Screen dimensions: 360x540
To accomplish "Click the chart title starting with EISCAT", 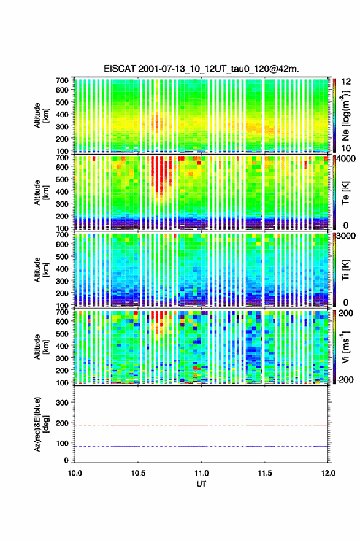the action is point(201,69).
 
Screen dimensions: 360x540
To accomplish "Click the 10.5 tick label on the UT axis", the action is point(138,473).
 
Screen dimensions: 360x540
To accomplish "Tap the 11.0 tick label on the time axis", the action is point(201,473).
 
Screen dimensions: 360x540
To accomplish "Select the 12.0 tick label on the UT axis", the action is point(328,473).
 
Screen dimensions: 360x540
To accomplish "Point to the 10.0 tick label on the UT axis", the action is point(75,473).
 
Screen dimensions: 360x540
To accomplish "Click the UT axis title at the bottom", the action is point(201,484).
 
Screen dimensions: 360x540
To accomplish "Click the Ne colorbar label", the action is point(345,115).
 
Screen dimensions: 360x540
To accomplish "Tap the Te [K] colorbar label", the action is point(345,192).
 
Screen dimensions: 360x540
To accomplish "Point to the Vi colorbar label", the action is point(345,347).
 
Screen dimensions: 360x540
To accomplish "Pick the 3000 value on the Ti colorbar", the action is point(346,236).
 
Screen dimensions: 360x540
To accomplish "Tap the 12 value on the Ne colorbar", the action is point(346,82).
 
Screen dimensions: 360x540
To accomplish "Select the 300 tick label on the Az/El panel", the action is point(62,403).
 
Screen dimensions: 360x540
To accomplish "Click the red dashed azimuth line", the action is point(201,426).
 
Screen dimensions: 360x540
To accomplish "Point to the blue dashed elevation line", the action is point(201,446).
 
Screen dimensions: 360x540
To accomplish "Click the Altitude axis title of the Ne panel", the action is point(41,115).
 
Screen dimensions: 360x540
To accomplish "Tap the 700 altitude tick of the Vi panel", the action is point(62,312).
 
